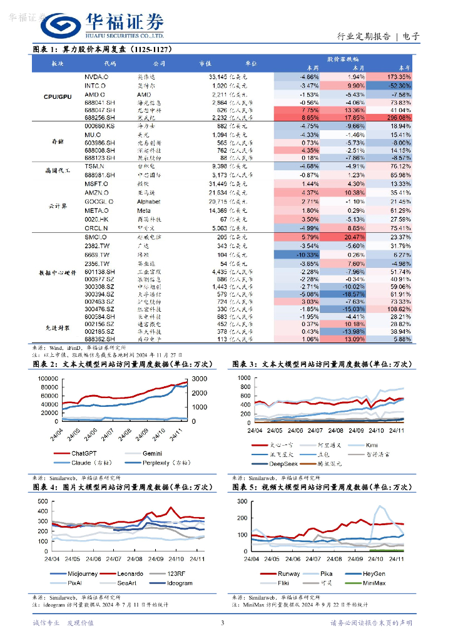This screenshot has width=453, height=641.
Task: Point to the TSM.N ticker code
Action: pyautogui.click(x=94, y=167)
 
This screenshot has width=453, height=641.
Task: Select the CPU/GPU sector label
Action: pyautogui.click(x=58, y=97)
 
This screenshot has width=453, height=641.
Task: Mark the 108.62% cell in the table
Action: pyautogui.click(x=395, y=309)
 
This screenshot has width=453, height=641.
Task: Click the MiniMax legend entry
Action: pyautogui.click(x=383, y=582)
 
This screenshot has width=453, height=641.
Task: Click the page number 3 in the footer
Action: pyautogui.click(x=222, y=623)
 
